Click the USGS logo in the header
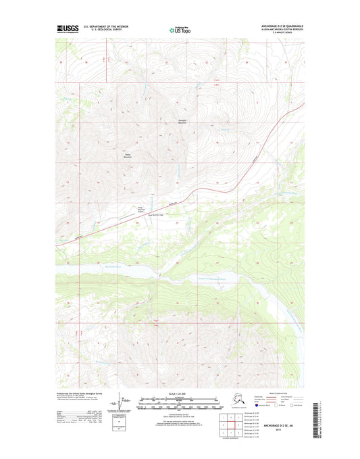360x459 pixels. click(68, 29)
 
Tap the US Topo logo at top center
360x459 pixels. click(180, 30)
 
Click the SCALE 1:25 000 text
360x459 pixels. click(180, 393)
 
